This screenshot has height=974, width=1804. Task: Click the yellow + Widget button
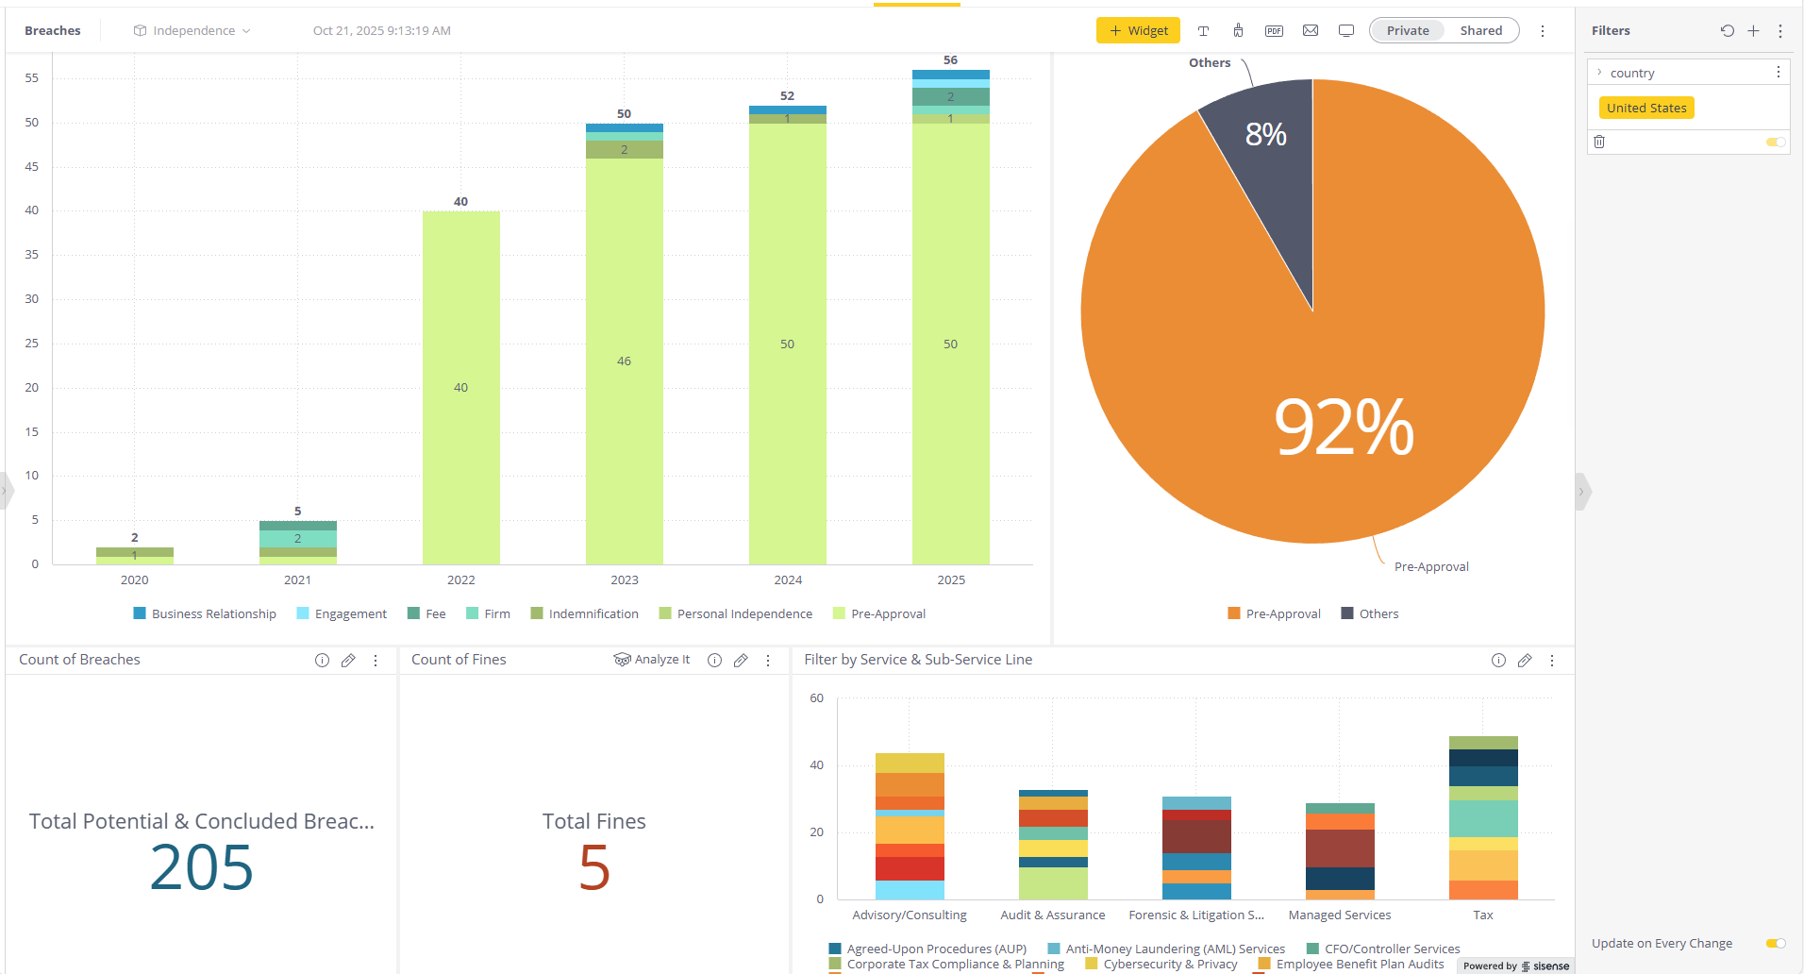[1138, 30]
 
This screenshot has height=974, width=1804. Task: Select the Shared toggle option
[1480, 30]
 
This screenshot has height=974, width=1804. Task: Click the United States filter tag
[1646, 108]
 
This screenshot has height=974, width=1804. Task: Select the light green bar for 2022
[460, 387]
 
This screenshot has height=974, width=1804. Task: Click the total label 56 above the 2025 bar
[950, 60]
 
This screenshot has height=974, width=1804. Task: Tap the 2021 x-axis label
[297, 579]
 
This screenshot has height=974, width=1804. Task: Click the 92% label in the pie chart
[1343, 428]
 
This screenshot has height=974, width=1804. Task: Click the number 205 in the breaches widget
[202, 867]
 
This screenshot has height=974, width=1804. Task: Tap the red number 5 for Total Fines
[594, 867]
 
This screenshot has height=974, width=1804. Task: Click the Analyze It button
[653, 660]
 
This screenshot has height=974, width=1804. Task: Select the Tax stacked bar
[1483, 817]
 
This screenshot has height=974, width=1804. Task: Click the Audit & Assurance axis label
[1052, 915]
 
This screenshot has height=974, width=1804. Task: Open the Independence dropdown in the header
[193, 30]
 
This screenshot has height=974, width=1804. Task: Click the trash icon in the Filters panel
[1599, 142]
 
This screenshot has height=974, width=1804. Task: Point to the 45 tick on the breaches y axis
[32, 166]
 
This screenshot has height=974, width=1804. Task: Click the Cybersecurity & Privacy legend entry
[1169, 964]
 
